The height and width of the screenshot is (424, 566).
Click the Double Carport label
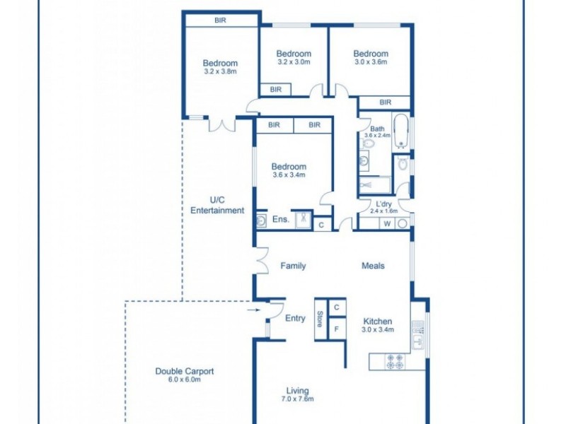point(184,371)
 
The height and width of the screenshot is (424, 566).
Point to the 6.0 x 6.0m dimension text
point(184,379)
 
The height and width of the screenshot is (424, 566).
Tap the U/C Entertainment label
point(217,205)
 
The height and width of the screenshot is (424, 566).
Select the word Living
point(297,391)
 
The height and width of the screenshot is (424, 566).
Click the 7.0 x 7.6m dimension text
point(297,399)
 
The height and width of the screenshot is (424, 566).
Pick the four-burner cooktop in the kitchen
point(395,362)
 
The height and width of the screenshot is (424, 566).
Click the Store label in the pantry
point(320,319)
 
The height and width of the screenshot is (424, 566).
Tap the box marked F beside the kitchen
point(337,329)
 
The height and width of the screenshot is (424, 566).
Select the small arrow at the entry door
point(253,309)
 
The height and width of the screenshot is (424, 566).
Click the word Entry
point(295,319)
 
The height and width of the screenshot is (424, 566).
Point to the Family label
point(293,266)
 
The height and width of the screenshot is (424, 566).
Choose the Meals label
point(373,266)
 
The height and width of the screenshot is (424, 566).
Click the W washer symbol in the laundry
point(387,224)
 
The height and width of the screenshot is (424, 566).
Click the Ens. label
point(280,220)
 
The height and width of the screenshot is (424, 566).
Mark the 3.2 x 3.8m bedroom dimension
point(219,71)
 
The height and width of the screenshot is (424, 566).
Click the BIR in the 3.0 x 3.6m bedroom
point(385,102)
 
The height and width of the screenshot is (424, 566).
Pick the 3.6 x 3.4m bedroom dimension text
point(289,175)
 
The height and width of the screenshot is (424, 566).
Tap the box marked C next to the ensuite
point(321,225)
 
